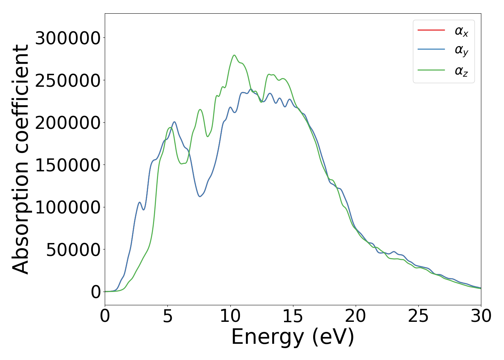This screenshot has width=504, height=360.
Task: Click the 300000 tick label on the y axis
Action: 67,38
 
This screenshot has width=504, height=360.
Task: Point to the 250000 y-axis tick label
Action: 67,80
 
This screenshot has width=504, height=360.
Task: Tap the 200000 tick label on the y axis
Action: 67,123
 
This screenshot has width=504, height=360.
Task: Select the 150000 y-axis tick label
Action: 67,165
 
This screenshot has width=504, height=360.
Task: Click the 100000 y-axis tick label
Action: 67,207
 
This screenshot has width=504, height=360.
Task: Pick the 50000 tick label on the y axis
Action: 73,249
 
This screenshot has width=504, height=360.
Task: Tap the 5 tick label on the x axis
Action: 168,316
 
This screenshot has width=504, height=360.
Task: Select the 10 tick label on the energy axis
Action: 230,316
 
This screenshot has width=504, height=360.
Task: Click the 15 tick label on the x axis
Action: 293,316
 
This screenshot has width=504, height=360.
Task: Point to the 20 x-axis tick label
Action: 356,316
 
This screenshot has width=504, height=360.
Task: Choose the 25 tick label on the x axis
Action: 418,316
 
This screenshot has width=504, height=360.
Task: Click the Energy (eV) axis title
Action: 293,337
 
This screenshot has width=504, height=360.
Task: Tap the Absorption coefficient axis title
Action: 21,159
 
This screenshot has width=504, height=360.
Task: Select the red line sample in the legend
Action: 431,30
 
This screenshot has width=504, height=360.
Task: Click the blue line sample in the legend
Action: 431,50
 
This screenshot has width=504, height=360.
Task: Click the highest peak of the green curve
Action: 234,55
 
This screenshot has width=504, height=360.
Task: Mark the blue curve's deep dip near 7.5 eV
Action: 200,196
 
